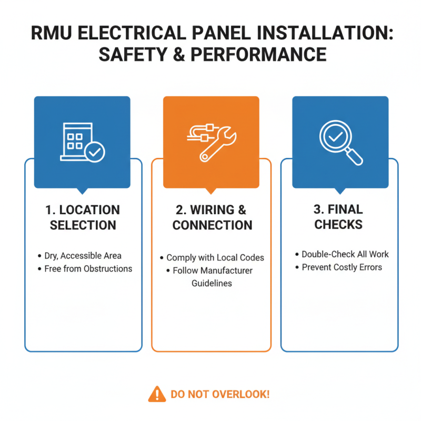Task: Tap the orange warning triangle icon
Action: [x=156, y=394]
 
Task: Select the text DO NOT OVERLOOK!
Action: [x=220, y=394]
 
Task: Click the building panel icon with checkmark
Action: [x=82, y=142]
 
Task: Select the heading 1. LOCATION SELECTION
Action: [x=83, y=217]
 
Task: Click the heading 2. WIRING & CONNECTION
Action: [x=212, y=217]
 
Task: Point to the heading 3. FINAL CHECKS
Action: [x=338, y=217]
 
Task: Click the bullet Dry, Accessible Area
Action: [x=83, y=256]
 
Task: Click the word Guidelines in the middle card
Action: [x=211, y=283]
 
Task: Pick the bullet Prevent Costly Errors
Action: [x=342, y=267]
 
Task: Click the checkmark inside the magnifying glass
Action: [x=335, y=136]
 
